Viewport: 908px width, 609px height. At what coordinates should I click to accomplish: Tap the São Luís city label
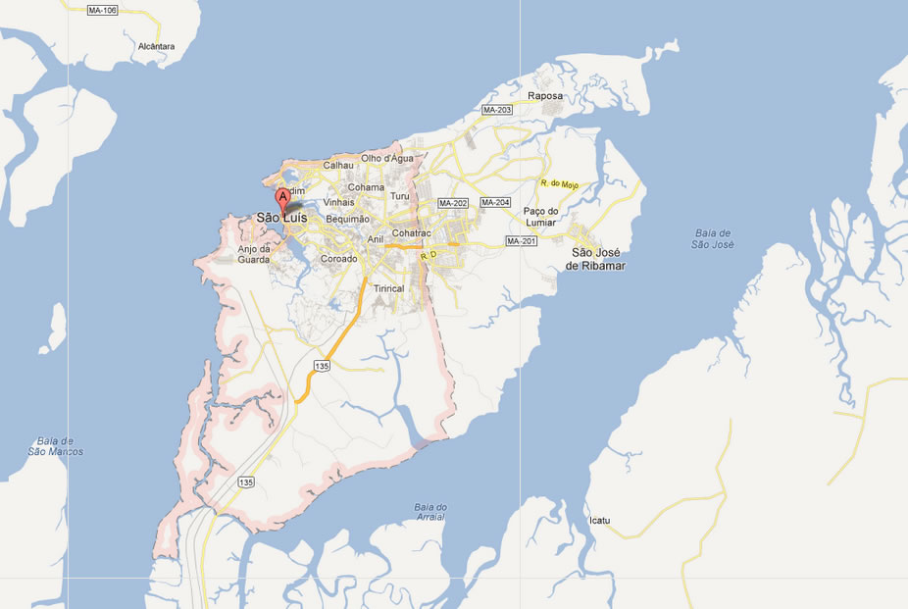281,218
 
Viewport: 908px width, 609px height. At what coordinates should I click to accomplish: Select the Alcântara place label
156,46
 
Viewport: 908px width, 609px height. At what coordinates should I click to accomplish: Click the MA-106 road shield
102,10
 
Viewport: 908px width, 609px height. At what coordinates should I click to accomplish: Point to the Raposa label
545,96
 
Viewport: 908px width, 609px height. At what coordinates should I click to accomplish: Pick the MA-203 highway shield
497,110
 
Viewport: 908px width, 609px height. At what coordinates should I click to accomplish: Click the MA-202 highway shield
453,203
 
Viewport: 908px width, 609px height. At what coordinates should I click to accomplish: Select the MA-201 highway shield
521,241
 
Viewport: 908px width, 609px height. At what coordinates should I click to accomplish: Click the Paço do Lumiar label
540,217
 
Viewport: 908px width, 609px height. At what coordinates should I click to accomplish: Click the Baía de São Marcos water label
55,446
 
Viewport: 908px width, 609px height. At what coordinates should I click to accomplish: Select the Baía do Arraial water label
429,511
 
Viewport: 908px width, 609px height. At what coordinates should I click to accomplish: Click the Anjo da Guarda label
254,254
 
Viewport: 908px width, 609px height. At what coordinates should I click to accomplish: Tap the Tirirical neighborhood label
388,289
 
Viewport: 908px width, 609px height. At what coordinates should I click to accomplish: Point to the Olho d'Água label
387,158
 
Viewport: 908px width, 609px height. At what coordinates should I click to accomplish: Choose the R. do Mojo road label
560,184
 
